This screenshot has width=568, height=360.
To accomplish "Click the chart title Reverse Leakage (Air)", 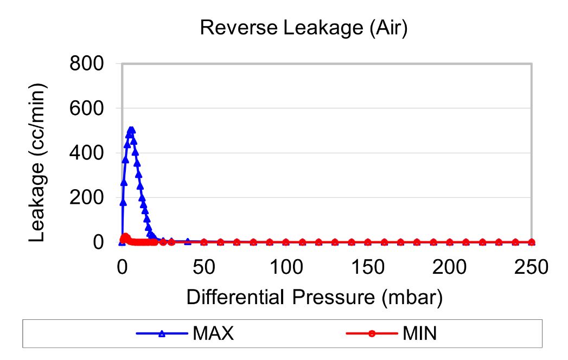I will pos(303,28).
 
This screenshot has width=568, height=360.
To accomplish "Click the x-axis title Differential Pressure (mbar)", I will pos(314,298).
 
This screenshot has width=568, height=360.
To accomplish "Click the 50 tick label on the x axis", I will pos(204,267).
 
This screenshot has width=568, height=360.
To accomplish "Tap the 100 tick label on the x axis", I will pos(286,267).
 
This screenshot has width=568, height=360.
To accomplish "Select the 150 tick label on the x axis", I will pos(368,267).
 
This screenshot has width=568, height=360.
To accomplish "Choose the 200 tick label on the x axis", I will pos(450,267).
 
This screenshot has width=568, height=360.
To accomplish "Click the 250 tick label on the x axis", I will pos(531,267).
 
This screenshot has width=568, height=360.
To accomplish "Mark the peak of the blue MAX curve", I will pos(131,130).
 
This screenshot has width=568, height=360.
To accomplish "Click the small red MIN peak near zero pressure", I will pos(125,237).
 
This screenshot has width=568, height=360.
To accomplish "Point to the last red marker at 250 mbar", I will pos(531,242).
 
